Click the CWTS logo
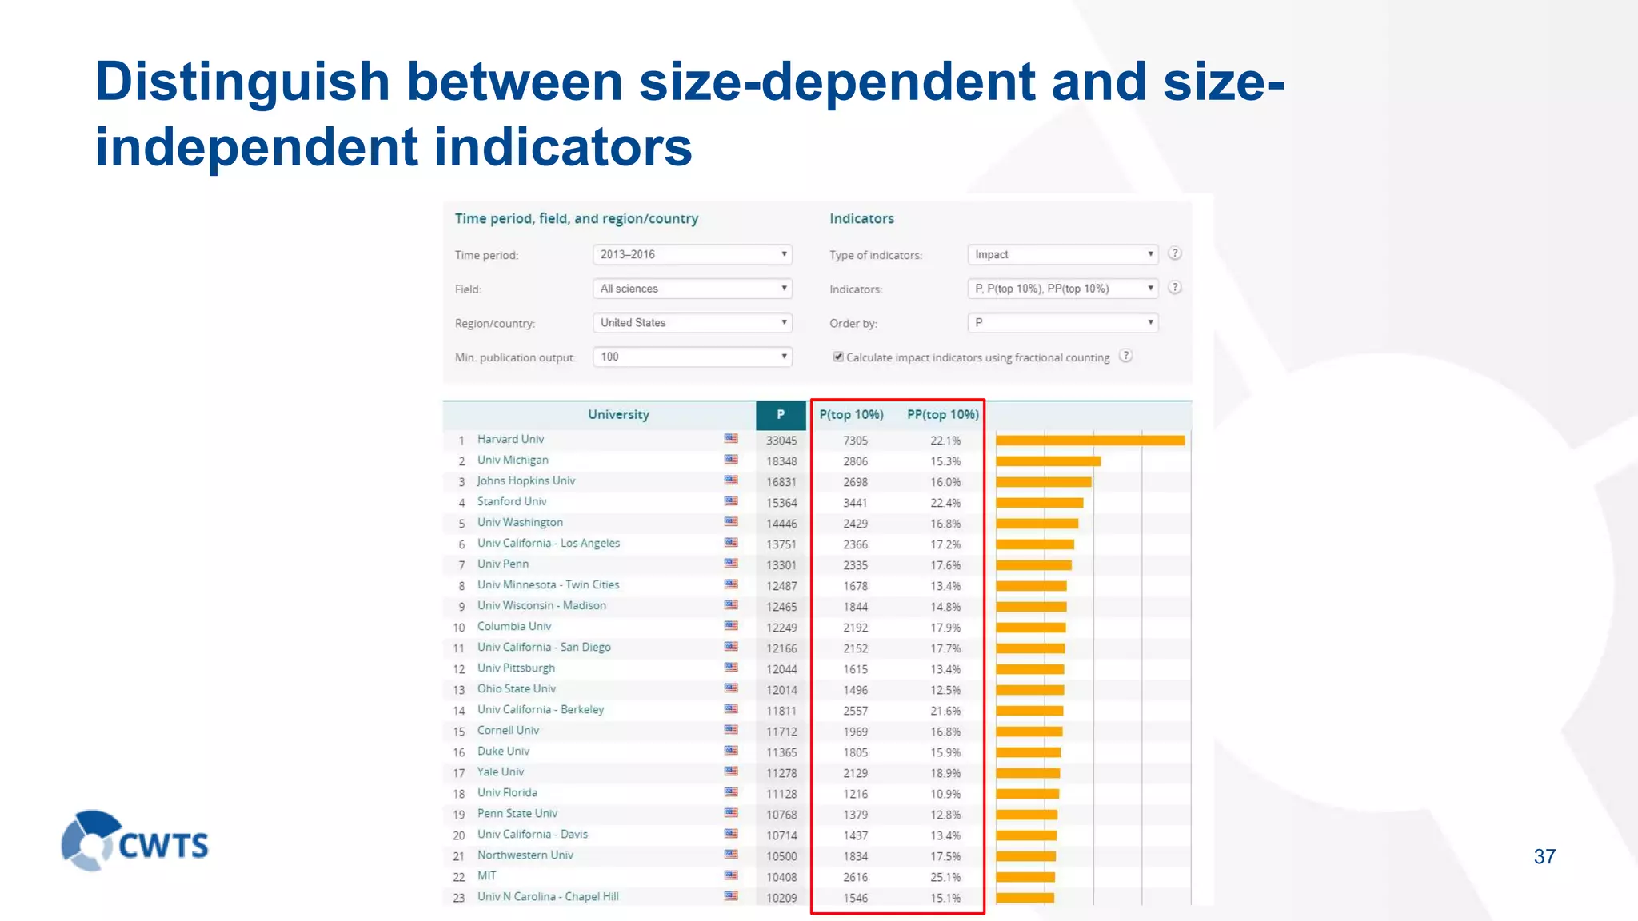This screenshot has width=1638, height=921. pyautogui.click(x=134, y=841)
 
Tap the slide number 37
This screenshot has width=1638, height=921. pyautogui.click(x=1544, y=857)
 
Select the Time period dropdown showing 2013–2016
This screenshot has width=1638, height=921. pyautogui.click(x=692, y=254)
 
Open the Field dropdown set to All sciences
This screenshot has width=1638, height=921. pyautogui.click(x=692, y=289)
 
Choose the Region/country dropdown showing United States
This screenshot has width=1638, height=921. pyautogui.click(x=692, y=323)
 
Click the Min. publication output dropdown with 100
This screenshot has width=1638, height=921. pyautogui.click(x=692, y=357)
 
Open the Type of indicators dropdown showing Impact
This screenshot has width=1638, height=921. pyautogui.click(x=1062, y=254)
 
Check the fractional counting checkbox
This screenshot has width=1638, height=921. pyautogui.click(x=838, y=357)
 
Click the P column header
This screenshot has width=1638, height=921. pyautogui.click(x=781, y=414)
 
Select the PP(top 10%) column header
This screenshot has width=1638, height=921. pyautogui.click(x=942, y=414)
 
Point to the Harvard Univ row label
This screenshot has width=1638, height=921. pyautogui.click(x=510, y=440)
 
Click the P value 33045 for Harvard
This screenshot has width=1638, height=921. pyautogui.click(x=781, y=441)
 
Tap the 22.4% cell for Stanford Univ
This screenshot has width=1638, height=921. pyautogui.click(x=945, y=503)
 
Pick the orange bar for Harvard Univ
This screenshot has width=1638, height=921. pyautogui.click(x=1089, y=441)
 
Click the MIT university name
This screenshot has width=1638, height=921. pyautogui.click(x=487, y=876)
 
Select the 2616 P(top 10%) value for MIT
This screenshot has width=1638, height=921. pyautogui.click(x=855, y=877)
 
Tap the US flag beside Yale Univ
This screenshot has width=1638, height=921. pyautogui.click(x=731, y=771)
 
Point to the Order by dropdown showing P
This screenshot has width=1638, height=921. pyautogui.click(x=1062, y=323)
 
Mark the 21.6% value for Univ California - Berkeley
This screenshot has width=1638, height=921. pyautogui.click(x=945, y=711)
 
